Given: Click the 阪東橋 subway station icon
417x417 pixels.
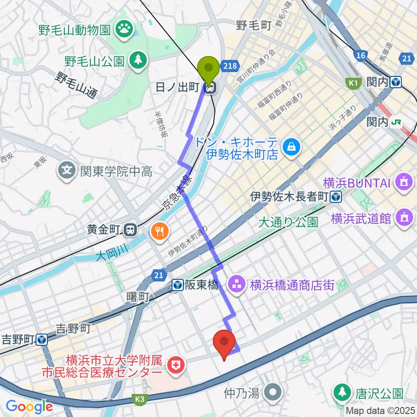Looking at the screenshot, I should (x=178, y=285).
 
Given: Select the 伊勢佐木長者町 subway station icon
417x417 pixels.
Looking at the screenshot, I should (x=335, y=197).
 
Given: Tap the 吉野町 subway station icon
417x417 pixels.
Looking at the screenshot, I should (x=42, y=339).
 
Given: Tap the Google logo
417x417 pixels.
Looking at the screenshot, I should (x=29, y=406).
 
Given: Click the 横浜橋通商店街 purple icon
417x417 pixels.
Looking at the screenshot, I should (x=238, y=285).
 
